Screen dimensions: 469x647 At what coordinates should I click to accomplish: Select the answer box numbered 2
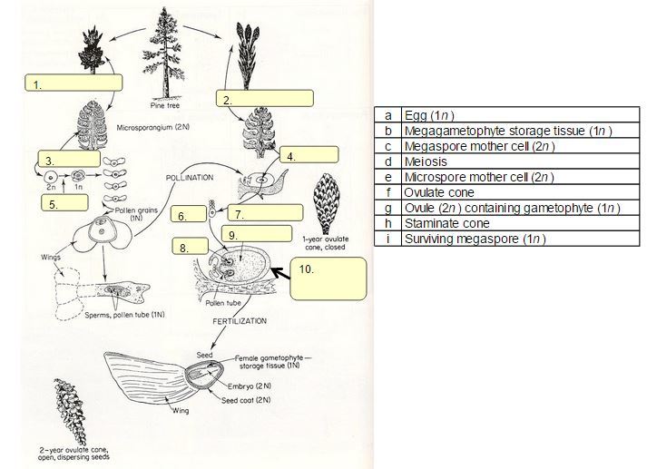(265, 98)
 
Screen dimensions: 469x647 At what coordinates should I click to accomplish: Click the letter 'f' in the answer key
(387, 192)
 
